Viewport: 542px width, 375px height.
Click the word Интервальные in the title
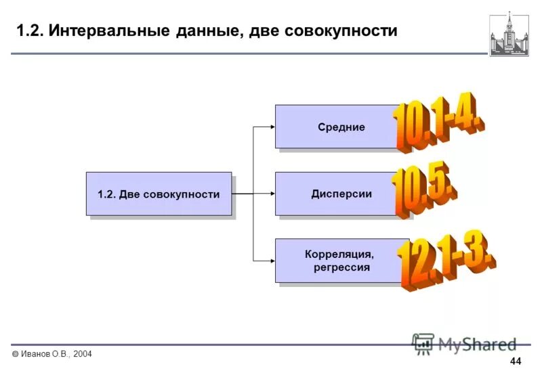[122, 31]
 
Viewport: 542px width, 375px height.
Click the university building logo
[509, 34]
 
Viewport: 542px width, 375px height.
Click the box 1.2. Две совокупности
[159, 194]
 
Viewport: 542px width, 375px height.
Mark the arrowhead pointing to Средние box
[271, 127]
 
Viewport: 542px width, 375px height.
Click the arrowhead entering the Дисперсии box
[271, 194]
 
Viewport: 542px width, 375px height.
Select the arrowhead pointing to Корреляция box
[271, 261]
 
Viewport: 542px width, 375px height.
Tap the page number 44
[516, 361]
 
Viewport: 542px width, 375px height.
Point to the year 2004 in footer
[81, 355]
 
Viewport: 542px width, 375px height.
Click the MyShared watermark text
[477, 344]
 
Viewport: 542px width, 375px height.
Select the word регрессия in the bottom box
[341, 267]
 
